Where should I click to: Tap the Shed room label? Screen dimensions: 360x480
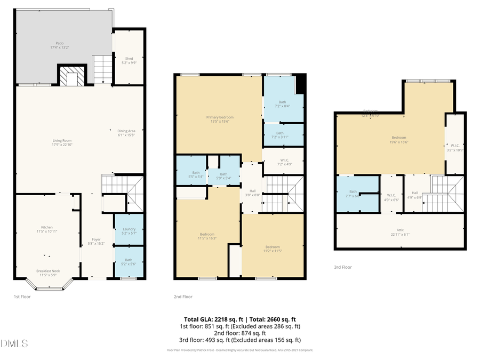point(129,60)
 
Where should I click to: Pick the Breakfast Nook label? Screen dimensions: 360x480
point(47,273)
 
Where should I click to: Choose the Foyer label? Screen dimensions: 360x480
point(96,242)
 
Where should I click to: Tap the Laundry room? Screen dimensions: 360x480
point(129,231)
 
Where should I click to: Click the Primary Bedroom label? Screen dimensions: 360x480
point(220,119)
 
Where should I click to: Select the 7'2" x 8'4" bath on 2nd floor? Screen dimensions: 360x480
point(283,103)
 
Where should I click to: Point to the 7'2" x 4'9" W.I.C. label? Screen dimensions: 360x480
point(283,162)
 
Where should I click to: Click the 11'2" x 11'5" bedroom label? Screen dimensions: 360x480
point(273,249)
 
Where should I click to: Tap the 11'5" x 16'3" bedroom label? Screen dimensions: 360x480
point(207,236)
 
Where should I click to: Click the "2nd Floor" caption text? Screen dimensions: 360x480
point(183,297)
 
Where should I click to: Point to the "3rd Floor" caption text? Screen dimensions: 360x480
point(343,267)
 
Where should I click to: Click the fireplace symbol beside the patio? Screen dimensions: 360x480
point(71,76)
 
